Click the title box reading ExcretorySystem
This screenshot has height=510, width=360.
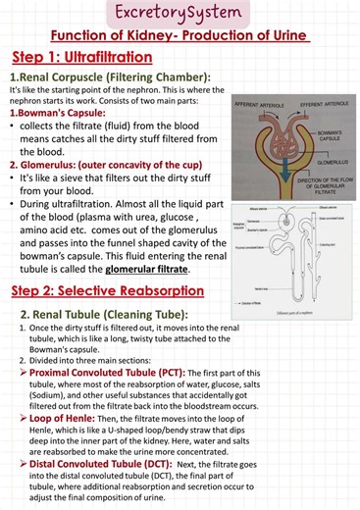tap(180, 13)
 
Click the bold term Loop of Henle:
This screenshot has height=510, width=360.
tap(63, 415)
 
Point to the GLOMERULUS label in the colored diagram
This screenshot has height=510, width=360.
tap(329, 151)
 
